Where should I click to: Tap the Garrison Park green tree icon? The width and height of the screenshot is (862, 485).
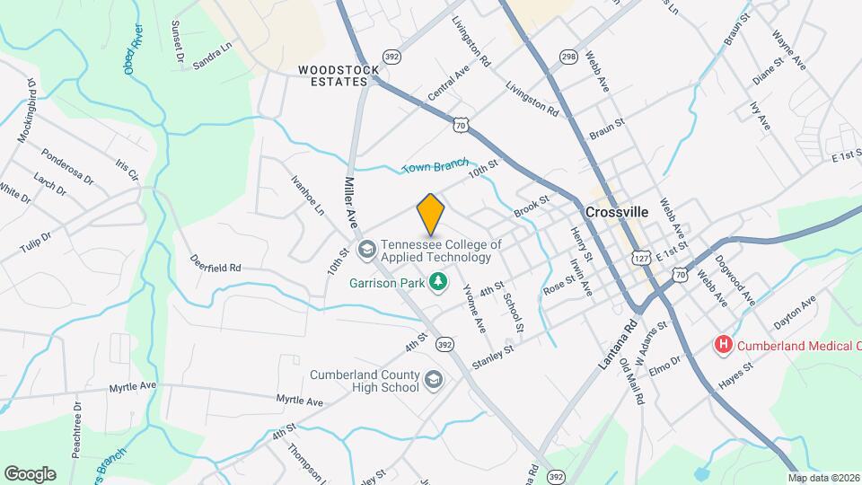(x=438, y=283)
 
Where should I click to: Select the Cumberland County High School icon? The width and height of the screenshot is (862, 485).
(x=435, y=380)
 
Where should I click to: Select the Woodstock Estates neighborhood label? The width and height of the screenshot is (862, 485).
(x=334, y=75)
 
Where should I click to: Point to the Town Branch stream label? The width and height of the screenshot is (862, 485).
(x=435, y=166)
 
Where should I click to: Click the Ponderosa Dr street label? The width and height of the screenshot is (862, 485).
(x=66, y=166)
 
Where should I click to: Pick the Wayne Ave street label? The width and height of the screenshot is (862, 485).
(x=789, y=49)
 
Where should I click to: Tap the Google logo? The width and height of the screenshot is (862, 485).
(x=30, y=473)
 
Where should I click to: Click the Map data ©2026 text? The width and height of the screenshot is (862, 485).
(x=823, y=478)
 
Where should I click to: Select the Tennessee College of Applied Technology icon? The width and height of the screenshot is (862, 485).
(x=366, y=248)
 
